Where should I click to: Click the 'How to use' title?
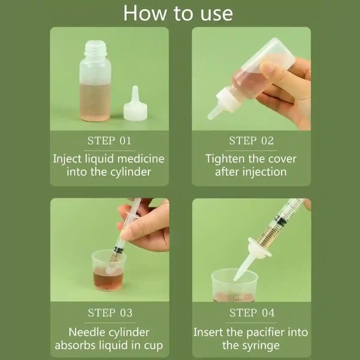coord(178,13)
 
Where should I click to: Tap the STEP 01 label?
coord(109,141)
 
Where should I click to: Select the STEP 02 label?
coord(251,141)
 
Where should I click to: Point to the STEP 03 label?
coord(110,313)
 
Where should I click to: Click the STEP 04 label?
coord(252,313)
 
